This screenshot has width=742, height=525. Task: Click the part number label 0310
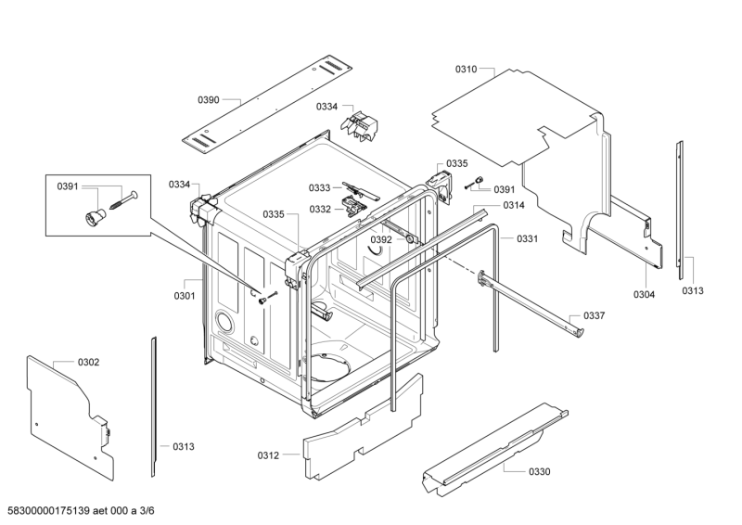point(467,70)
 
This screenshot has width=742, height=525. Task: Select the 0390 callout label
point(208,100)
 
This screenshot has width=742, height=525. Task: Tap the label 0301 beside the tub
point(185,296)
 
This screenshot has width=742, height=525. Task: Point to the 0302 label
point(88,362)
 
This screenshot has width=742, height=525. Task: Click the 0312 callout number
point(268,455)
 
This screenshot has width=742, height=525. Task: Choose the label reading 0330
point(540,471)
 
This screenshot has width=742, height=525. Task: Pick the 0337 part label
point(594,315)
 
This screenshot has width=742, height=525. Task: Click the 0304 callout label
point(644,294)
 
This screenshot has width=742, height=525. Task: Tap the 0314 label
point(514,205)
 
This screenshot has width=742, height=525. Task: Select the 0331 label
point(527,238)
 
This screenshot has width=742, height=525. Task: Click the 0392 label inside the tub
point(381,239)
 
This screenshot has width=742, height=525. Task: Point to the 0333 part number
point(319,188)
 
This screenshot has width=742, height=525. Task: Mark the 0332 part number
point(320,210)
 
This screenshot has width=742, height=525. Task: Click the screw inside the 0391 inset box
point(123,200)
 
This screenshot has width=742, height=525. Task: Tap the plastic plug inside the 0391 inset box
point(95,217)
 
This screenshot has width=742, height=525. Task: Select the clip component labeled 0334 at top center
point(360,125)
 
